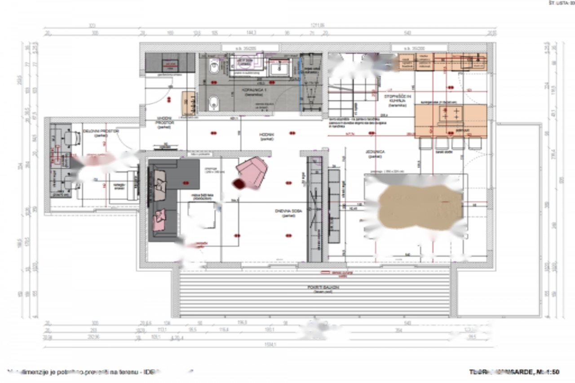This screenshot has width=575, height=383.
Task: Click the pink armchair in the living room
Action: click(x=253, y=172)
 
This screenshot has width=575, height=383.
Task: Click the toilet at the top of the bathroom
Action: click(x=214, y=67)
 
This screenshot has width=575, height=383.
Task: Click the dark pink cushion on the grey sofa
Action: click(x=159, y=220)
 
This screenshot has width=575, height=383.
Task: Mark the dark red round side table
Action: click(x=238, y=183)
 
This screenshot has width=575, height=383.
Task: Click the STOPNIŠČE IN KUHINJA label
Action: click(x=395, y=99)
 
